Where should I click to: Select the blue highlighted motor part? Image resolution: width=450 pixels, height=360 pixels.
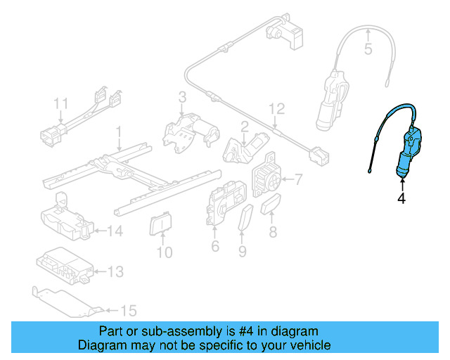pos(408,155)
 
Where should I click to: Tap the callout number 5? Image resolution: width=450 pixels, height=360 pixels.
pos(367,49)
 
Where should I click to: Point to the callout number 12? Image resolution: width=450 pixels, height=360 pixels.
pos(277,109)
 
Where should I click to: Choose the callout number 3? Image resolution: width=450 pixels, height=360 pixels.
pos(181,97)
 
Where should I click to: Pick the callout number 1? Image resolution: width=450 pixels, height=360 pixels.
pos(119,131)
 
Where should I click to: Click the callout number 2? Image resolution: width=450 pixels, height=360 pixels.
pos(244,127)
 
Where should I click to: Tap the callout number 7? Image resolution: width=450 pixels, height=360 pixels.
pos(297,180)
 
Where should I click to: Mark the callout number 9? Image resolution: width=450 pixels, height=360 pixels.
pos(243,250)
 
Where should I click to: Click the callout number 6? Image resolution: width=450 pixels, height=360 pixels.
pos(215,246)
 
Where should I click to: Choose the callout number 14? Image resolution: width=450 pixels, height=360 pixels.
pos(114,230)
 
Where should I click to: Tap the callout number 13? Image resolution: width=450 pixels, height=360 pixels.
pos(115,271)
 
